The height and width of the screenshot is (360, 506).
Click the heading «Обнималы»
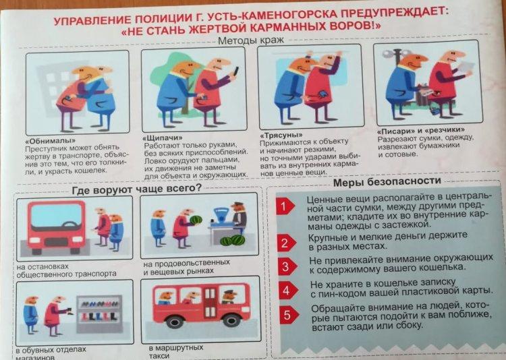tap(51, 141)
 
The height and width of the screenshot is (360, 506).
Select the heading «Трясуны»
tap(281, 135)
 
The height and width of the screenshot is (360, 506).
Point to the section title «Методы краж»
tap(251, 40)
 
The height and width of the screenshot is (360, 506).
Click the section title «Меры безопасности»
tap(387, 182)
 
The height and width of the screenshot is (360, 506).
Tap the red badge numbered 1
tap(285, 206)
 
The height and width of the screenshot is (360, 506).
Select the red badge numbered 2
tap(286, 243)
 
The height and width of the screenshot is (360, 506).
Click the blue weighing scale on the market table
tap(221, 215)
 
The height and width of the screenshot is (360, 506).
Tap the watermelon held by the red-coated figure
tap(196, 220)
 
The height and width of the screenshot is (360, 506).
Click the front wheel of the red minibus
tap(174, 321)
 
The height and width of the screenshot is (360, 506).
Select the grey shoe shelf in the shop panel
tap(99, 313)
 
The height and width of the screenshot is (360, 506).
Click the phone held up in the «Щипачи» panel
tap(236, 71)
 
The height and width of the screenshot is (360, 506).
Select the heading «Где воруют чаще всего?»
tap(136, 189)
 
